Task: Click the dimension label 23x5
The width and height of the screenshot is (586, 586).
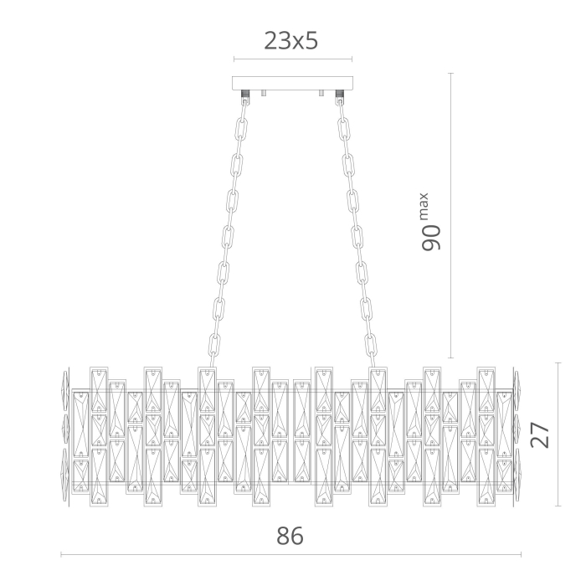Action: coord(291,40)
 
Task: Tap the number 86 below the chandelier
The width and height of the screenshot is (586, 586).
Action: coord(290,536)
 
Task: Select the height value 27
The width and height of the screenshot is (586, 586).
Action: coord(540,434)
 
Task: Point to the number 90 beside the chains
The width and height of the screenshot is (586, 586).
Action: coord(431,238)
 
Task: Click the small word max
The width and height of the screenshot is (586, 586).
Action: coord(424,206)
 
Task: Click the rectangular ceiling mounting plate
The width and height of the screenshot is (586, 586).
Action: coord(293,84)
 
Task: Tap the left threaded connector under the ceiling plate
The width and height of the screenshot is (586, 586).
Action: coord(245,94)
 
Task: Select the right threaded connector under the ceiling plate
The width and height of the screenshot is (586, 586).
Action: coord(339,94)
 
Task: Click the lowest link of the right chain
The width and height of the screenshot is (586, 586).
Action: coord(370,345)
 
